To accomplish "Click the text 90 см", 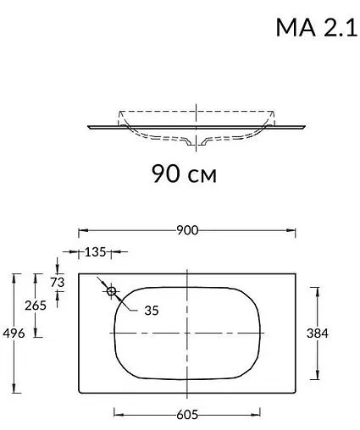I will [x=184, y=174].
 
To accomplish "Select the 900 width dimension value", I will [x=187, y=230].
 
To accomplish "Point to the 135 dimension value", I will [x=96, y=252].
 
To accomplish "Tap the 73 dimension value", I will [x=58, y=282].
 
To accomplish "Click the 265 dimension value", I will [x=36, y=306].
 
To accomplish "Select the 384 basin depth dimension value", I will [x=316, y=334].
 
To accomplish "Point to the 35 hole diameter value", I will [x=151, y=311].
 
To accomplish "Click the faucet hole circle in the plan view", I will [x=111, y=291].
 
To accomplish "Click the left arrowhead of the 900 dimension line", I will [x=81, y=230].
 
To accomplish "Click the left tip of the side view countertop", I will [x=88, y=126].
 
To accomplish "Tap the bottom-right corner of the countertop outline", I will [x=296, y=394].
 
